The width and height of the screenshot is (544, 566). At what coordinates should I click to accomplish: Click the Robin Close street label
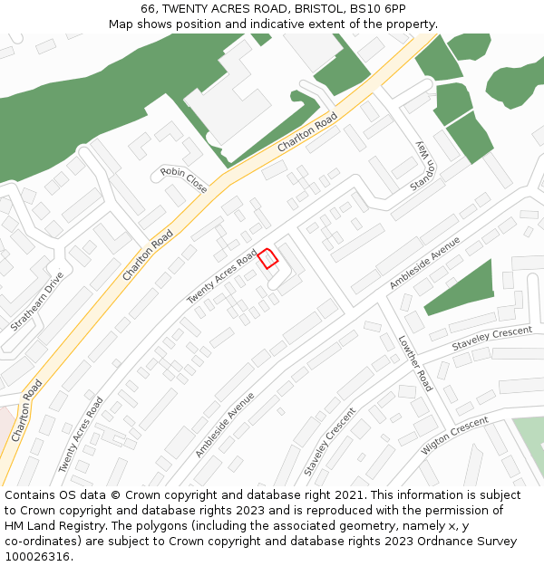coord(184,179)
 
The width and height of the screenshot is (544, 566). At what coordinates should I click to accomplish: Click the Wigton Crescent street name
coord(455,435)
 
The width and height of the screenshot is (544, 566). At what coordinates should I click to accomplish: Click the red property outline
coord(267,258)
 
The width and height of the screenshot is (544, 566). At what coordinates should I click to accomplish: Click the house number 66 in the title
coord(150,9)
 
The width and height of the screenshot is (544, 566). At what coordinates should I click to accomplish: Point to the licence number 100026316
coord(37,557)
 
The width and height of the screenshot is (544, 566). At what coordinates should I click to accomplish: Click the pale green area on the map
coord(529,444)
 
